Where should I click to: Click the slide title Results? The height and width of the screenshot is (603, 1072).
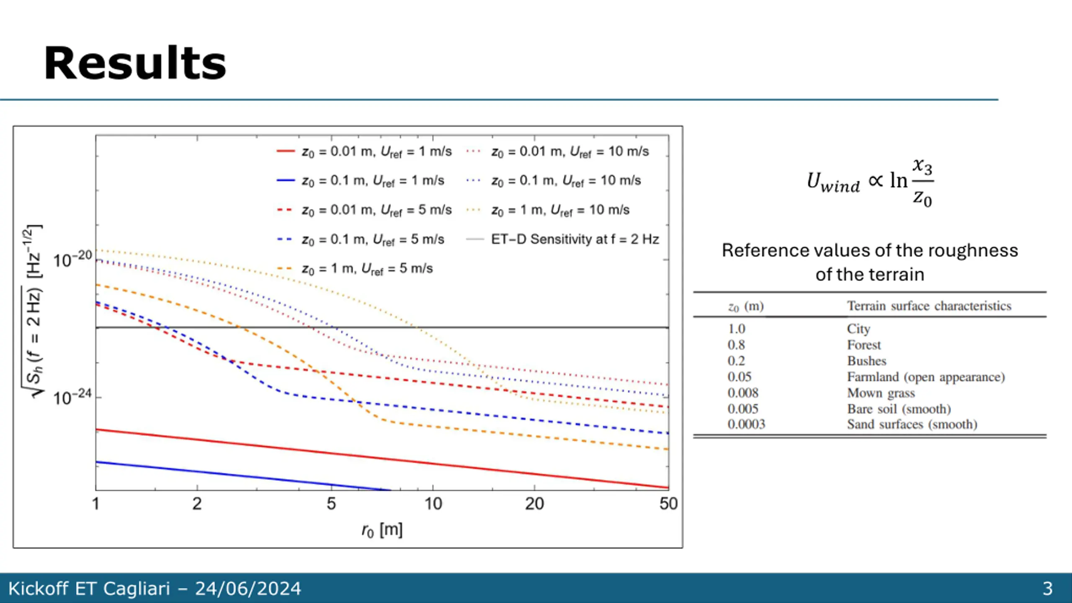click(135, 64)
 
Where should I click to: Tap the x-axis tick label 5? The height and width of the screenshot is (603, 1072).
click(331, 504)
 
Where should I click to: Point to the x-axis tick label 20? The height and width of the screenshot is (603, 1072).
click(534, 504)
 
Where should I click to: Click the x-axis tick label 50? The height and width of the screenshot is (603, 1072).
click(668, 504)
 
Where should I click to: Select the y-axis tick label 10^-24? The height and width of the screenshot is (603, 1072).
click(72, 397)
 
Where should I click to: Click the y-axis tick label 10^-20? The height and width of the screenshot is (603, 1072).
click(72, 260)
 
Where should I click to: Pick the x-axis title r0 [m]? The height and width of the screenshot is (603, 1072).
click(382, 531)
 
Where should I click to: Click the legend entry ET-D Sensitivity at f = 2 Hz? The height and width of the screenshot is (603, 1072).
click(575, 239)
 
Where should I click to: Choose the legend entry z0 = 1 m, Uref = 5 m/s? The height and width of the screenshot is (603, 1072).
click(367, 269)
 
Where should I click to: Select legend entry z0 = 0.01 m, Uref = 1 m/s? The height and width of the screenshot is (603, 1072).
click(376, 152)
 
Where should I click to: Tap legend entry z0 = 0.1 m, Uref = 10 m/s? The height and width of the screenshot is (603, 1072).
click(566, 181)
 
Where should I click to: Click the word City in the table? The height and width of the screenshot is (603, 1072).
click(858, 329)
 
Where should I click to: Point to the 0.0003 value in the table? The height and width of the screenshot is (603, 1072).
click(746, 425)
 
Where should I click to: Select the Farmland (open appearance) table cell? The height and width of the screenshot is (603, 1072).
click(926, 377)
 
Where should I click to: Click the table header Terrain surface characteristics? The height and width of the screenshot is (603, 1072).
click(929, 306)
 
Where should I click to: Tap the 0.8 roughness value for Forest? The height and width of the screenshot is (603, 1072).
click(736, 345)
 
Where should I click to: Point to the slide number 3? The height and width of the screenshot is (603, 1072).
click(1047, 588)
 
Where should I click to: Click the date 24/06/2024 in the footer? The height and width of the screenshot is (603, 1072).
click(248, 588)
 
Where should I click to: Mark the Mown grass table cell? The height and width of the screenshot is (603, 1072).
click(881, 393)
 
